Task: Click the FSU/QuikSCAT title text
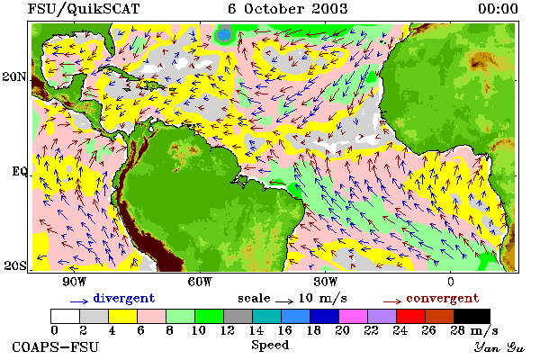click(x=84, y=9)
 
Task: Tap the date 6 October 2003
click(x=288, y=9)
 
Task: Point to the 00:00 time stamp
click(x=498, y=9)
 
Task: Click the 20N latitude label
click(x=14, y=76)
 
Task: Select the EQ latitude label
click(x=19, y=171)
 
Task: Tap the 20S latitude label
click(x=14, y=265)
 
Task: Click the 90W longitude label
click(x=74, y=282)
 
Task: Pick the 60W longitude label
click(x=200, y=282)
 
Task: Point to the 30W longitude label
click(x=326, y=282)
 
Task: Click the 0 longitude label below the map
click(x=451, y=282)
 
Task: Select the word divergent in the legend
click(x=124, y=298)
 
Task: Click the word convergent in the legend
click(x=443, y=298)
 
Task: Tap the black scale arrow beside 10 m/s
click(x=284, y=301)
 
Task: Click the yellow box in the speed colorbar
click(x=122, y=316)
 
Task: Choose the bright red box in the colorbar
click(x=411, y=316)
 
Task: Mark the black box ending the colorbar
click(x=472, y=316)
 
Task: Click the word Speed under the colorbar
click(x=270, y=346)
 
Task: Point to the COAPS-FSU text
click(x=56, y=346)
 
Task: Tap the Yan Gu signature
click(x=499, y=347)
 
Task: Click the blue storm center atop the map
click(x=224, y=35)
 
